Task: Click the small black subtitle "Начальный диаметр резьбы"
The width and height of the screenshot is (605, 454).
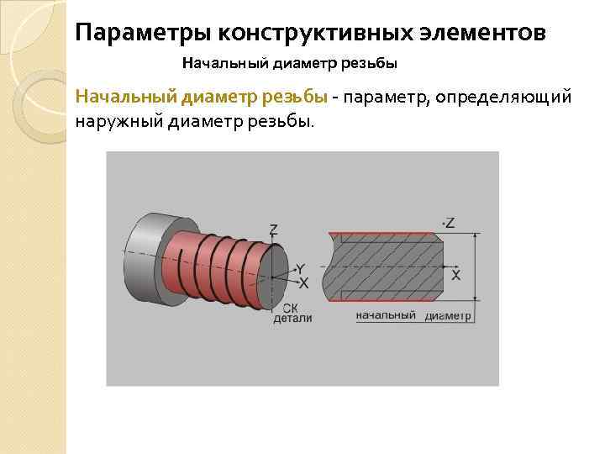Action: click(x=289, y=63)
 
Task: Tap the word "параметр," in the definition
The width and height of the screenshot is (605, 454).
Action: click(x=383, y=98)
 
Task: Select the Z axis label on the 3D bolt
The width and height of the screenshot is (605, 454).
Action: click(x=274, y=230)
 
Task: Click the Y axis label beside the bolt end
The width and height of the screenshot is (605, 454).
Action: click(x=301, y=268)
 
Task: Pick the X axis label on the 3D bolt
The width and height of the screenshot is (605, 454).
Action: click(x=303, y=282)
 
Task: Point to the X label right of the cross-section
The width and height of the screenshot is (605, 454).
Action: click(x=455, y=274)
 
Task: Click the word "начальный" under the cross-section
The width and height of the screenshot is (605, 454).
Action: click(x=386, y=315)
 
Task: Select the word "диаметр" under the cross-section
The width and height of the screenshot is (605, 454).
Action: click(x=448, y=316)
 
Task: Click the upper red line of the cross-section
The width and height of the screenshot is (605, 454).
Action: click(x=387, y=234)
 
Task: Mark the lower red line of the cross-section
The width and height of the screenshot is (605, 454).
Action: click(x=387, y=298)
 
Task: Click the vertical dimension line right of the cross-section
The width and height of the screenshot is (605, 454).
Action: click(x=476, y=267)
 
